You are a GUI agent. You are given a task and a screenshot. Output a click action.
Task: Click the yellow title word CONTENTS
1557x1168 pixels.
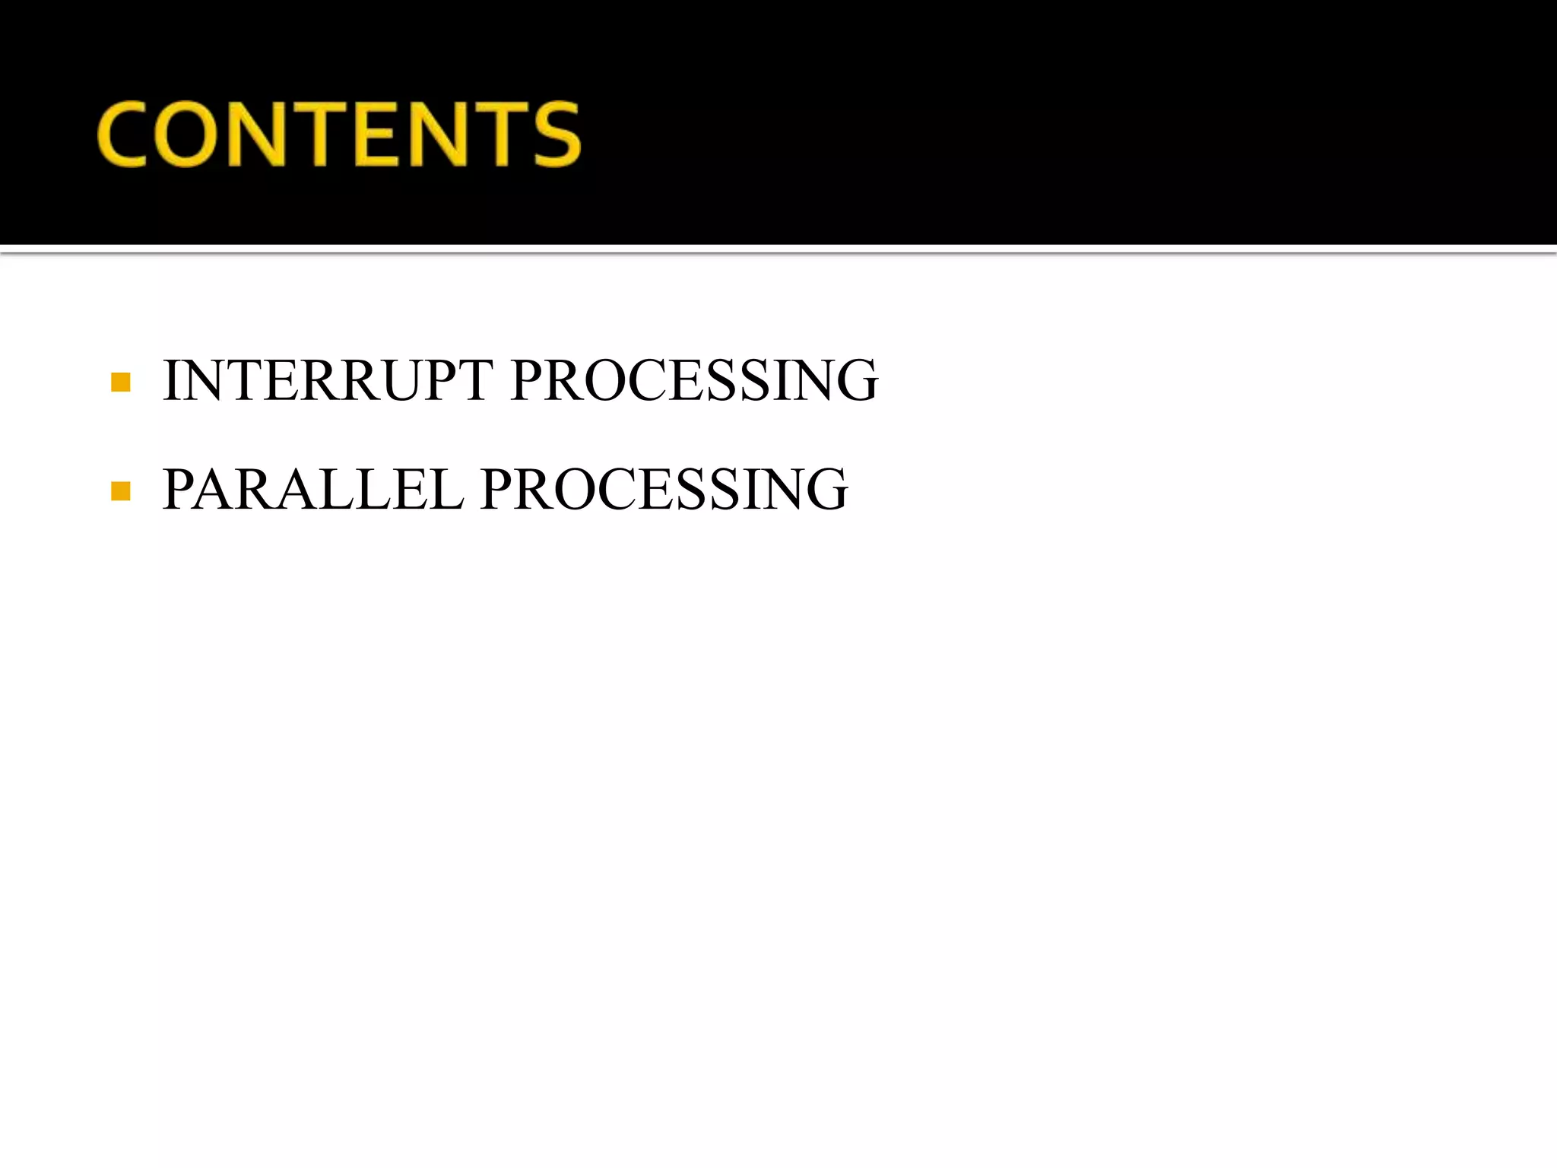click(x=339, y=134)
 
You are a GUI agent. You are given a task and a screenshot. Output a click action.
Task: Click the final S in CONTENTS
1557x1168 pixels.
click(x=557, y=134)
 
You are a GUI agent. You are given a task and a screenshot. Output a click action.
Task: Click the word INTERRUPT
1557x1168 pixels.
click(x=328, y=380)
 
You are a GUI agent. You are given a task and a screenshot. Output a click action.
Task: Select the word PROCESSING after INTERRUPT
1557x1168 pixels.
click(x=694, y=380)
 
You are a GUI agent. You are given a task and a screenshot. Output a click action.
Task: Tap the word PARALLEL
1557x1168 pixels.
click(x=312, y=489)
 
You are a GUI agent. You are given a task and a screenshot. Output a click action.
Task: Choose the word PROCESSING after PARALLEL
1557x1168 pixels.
click(x=664, y=489)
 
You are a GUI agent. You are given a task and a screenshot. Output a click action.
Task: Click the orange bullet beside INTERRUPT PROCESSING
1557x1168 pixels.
click(x=120, y=382)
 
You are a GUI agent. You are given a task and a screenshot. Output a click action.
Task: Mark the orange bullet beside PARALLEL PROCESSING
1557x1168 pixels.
click(x=120, y=490)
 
